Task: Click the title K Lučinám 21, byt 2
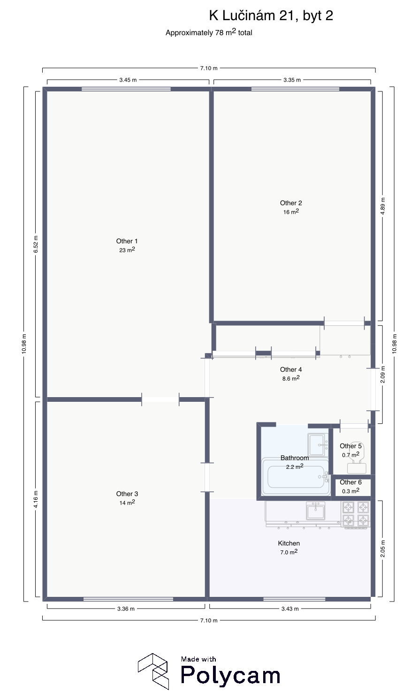coord(271,15)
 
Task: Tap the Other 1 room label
coord(127,241)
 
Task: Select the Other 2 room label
coord(291,203)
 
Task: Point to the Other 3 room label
coord(127,494)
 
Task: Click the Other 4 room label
coord(291,369)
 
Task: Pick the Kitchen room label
coord(289,543)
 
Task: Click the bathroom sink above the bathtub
coord(318,444)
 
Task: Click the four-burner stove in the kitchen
coord(356,514)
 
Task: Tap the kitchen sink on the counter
coord(316,511)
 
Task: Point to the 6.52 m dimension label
coord(36,244)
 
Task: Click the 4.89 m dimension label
coord(383,206)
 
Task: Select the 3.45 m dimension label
coord(128,80)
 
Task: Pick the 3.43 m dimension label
coord(290,609)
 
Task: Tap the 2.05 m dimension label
coord(383,549)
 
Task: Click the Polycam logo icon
coord(153,671)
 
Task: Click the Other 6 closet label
coord(350,482)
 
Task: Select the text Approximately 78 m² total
coord(209,32)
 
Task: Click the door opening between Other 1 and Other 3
coord(160,399)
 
